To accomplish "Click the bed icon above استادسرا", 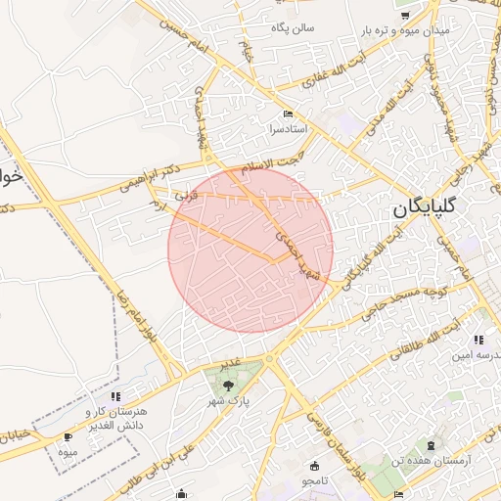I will pos(287,114).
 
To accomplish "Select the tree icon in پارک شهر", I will pos(229,385).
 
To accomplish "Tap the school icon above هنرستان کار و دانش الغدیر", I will pos(115,396).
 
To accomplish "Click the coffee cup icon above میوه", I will pos(67,436).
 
